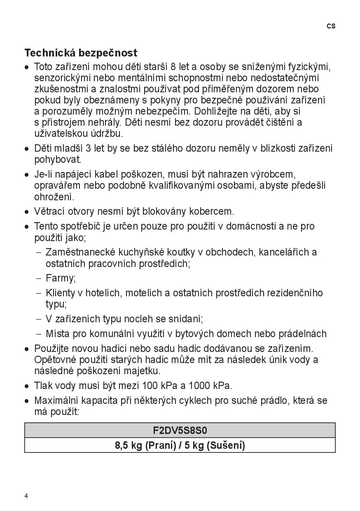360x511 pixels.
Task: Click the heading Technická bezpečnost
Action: click(81, 53)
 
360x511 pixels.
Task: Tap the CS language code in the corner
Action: click(331, 26)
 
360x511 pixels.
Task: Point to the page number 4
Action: click(26, 496)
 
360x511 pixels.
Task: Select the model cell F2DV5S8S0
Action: click(180, 431)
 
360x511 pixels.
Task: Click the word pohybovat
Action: click(58, 159)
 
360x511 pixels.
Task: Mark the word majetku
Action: click(144, 371)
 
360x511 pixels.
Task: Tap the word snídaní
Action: click(184, 319)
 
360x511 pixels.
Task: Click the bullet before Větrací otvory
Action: click(27, 212)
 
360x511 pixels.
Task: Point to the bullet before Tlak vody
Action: click(27, 387)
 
